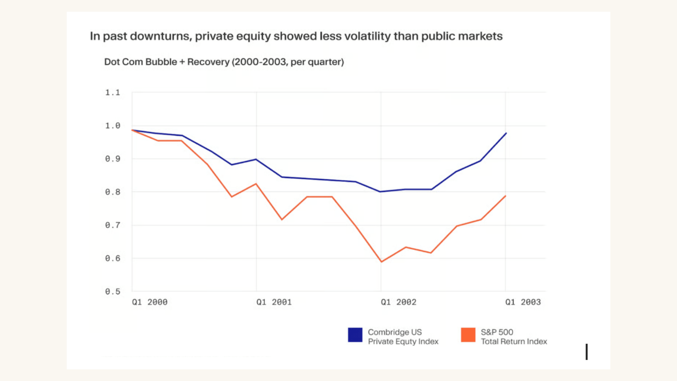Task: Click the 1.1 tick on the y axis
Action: point(112,92)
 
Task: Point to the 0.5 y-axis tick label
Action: point(112,292)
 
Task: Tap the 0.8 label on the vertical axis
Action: point(112,192)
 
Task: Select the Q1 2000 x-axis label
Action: point(150,302)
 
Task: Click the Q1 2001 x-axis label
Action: point(274,302)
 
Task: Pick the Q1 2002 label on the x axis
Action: point(398,302)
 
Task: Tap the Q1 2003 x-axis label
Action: point(523,302)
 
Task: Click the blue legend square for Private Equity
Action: point(355,335)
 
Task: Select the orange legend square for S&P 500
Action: point(468,335)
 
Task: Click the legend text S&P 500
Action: point(497,332)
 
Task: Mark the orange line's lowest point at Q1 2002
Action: point(381,262)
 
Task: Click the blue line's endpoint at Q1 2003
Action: point(506,133)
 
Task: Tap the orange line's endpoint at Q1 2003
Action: point(506,196)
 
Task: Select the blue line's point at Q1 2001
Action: point(256,159)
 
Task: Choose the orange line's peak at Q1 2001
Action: point(256,184)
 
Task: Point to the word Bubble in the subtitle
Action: point(161,62)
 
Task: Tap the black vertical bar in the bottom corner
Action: point(587,352)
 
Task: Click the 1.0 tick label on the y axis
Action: point(112,126)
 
